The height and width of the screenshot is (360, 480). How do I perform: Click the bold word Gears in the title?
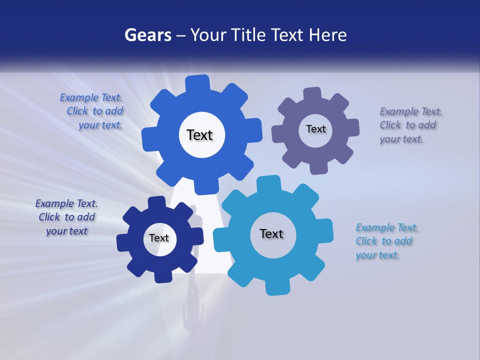pos(147,35)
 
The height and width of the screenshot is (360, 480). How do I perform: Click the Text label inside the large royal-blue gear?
pos(199,135)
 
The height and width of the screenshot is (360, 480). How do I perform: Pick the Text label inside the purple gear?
pos(315,129)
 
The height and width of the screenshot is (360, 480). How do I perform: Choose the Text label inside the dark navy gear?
pos(159,238)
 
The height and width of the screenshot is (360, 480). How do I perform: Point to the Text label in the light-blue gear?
pos(271,233)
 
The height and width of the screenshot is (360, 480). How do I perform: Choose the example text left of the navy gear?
pos(66,217)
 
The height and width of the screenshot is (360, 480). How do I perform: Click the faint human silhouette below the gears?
pos(192,310)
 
